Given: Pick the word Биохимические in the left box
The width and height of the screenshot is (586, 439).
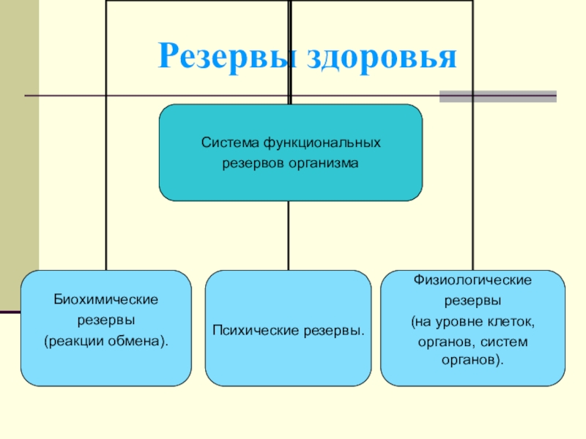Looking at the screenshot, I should tap(106, 300).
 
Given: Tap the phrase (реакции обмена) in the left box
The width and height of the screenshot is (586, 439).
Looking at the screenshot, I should tap(105, 341).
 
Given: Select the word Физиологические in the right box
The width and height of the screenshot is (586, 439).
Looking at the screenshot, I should tap(472, 280).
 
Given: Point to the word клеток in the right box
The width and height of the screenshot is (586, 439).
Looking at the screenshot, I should tap(513, 321).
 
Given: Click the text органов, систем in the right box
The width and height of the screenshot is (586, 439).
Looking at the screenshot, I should tap(472, 342).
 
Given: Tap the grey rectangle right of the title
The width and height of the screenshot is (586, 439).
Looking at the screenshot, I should tap(497, 96).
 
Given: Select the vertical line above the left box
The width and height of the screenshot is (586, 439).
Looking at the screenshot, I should tap(106, 183).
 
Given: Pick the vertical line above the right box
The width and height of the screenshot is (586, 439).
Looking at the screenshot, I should tap(472, 183).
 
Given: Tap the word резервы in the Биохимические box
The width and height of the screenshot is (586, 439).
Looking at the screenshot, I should tap(106, 320).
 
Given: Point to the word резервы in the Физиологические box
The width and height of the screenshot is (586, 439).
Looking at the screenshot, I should tap(472, 301).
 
